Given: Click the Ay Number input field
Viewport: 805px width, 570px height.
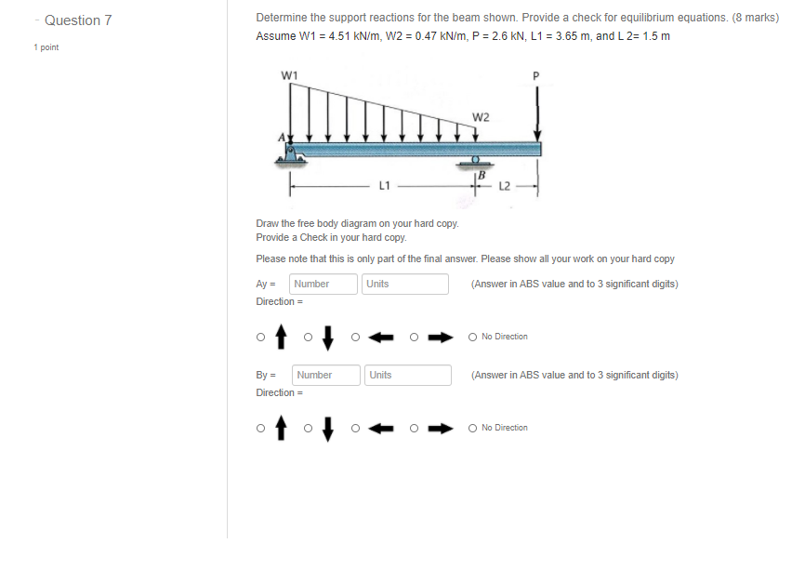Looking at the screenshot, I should point(323,284).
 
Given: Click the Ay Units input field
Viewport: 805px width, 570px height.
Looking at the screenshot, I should point(404,284).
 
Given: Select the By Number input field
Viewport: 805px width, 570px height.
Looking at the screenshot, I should point(326,375).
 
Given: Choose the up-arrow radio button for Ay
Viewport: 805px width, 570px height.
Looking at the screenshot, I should point(261,337).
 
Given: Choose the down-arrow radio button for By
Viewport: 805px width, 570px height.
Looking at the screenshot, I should point(309,428).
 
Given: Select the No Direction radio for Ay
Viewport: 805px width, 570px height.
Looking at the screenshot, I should point(473,337).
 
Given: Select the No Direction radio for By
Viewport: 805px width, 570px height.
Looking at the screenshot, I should point(473,428).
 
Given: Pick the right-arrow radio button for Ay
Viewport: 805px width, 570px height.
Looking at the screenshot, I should point(416,337).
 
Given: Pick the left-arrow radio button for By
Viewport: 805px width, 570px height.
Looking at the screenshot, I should point(356,428).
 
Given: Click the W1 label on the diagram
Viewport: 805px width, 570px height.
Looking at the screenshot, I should point(290,74).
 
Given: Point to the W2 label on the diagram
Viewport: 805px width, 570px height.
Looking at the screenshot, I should point(481,117).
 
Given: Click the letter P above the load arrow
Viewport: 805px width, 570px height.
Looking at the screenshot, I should point(535,74).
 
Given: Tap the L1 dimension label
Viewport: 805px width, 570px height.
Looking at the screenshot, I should point(383,185).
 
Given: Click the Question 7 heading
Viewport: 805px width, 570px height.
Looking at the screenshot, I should point(78,20).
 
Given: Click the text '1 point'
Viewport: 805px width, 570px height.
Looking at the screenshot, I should point(46,46).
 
